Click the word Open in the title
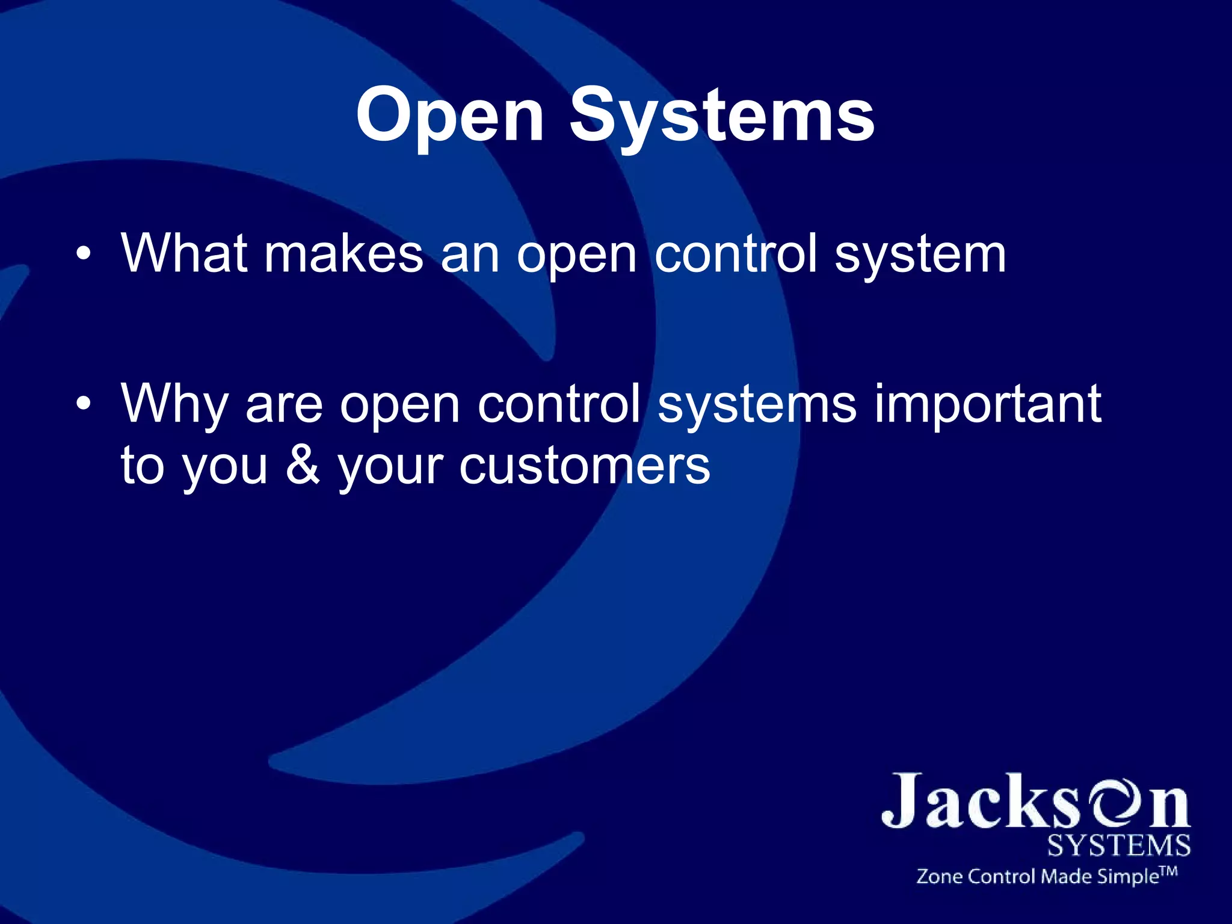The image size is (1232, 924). point(450,115)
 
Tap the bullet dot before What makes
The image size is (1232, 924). point(84,255)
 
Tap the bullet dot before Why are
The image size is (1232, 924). point(84,404)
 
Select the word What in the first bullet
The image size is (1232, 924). point(185,254)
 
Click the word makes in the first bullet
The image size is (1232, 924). point(343,254)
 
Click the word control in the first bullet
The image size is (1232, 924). point(736,254)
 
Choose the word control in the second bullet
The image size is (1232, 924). point(559,404)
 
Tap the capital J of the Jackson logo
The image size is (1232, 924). point(904,800)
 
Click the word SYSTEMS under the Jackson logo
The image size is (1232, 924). point(1118,846)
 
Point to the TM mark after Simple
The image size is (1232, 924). point(1168,870)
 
